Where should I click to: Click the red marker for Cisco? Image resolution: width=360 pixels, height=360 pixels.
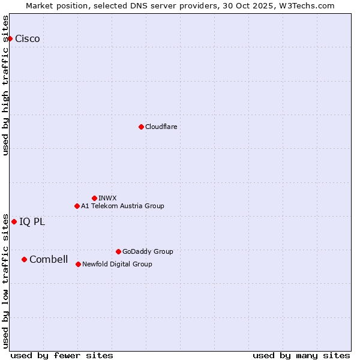[x=10, y=38]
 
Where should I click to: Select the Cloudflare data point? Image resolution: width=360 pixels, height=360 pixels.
[x=141, y=127]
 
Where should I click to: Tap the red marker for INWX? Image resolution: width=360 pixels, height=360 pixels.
[x=94, y=198]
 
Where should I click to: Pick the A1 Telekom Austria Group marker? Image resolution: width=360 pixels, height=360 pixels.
[x=77, y=206]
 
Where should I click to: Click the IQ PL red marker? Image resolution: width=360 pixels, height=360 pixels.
[x=14, y=221]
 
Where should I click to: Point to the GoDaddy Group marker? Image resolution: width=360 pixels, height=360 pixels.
[x=118, y=251]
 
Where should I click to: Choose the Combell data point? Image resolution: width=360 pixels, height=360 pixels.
[x=24, y=259]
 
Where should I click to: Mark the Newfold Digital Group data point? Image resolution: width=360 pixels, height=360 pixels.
[x=78, y=264]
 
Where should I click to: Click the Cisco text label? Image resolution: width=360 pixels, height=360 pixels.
[x=28, y=39]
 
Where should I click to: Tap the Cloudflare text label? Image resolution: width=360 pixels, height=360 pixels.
[x=161, y=127]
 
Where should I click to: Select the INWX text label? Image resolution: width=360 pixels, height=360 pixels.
[x=107, y=198]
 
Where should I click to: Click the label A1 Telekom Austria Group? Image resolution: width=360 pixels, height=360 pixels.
[x=122, y=206]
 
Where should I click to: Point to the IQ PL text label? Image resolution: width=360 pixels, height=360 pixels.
[x=32, y=222]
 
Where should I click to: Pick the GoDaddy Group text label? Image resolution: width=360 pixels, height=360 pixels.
[x=148, y=251]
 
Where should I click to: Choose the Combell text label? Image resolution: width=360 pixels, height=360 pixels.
[x=49, y=260]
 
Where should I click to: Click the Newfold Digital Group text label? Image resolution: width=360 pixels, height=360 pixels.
[x=117, y=264]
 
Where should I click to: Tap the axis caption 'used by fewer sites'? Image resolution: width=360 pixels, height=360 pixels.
[x=62, y=355]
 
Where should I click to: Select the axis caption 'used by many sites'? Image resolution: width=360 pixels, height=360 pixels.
[x=301, y=355]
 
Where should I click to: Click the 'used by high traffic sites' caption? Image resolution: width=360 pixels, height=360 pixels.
[x=6, y=85]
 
